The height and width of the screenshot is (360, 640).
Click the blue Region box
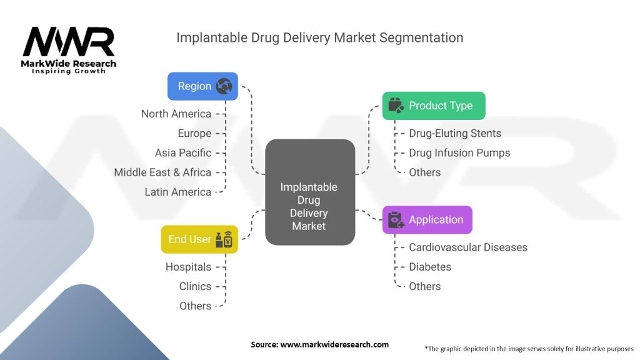click(x=202, y=86)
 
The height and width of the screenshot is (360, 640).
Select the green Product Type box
click(x=433, y=106)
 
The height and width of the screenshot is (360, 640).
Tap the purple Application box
click(x=427, y=220)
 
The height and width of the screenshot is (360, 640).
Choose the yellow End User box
click(x=199, y=239)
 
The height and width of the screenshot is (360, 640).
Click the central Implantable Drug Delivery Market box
click(x=309, y=192)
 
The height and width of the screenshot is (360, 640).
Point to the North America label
click(x=176, y=114)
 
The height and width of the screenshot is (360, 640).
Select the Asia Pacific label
click(x=183, y=152)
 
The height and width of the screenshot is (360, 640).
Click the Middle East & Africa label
click(x=162, y=172)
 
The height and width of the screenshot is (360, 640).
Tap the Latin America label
click(x=178, y=192)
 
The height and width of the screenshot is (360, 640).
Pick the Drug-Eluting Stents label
click(x=455, y=133)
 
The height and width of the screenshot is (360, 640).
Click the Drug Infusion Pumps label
click(x=459, y=152)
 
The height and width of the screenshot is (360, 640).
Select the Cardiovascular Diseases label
click(x=468, y=247)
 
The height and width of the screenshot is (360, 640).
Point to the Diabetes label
click(x=430, y=267)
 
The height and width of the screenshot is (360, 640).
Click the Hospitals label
click(x=188, y=267)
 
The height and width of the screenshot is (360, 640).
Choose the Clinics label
click(x=195, y=286)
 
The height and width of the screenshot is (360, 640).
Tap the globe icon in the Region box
click(x=224, y=86)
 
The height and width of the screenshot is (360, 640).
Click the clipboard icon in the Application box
click(x=396, y=220)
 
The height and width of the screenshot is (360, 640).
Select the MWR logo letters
click(x=69, y=42)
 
